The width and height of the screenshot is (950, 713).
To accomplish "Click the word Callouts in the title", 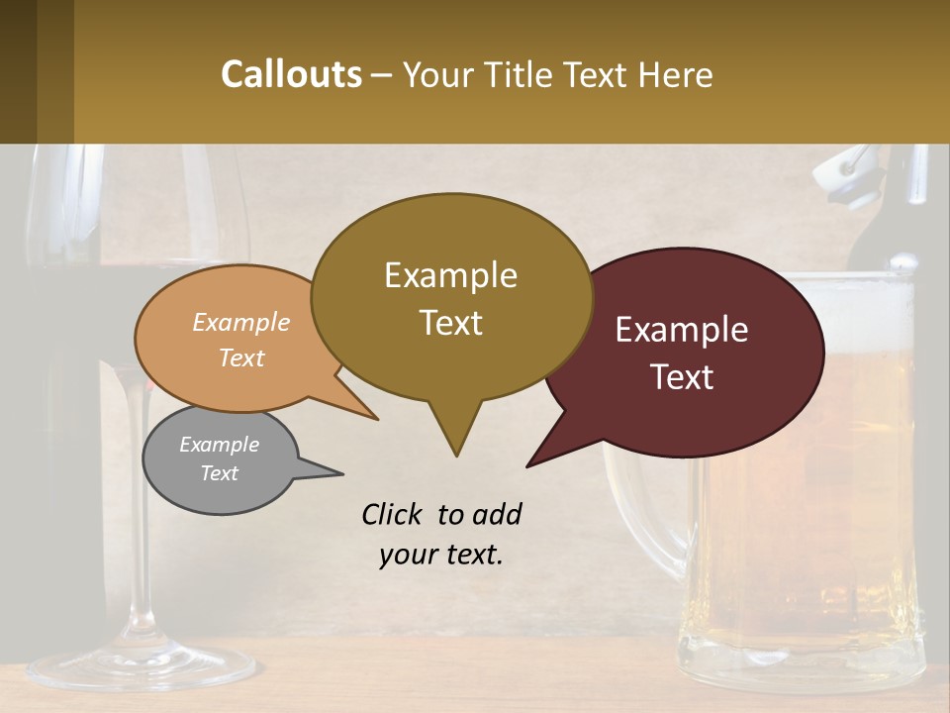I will [291, 74].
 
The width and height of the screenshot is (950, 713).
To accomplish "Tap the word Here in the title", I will [675, 74].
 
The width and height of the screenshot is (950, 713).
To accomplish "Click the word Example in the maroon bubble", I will [682, 330].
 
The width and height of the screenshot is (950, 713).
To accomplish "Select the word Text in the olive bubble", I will [451, 323].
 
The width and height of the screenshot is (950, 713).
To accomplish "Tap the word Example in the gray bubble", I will [219, 445].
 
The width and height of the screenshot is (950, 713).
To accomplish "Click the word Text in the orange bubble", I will [241, 358].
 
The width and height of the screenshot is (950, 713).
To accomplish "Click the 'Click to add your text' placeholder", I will [441, 535].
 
